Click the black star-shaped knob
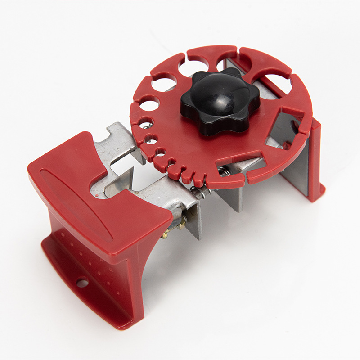pyautogui.click(x=220, y=103)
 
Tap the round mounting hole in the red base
pyautogui.click(x=82, y=283)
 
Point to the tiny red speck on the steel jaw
pyautogui.click(x=96, y=197)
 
